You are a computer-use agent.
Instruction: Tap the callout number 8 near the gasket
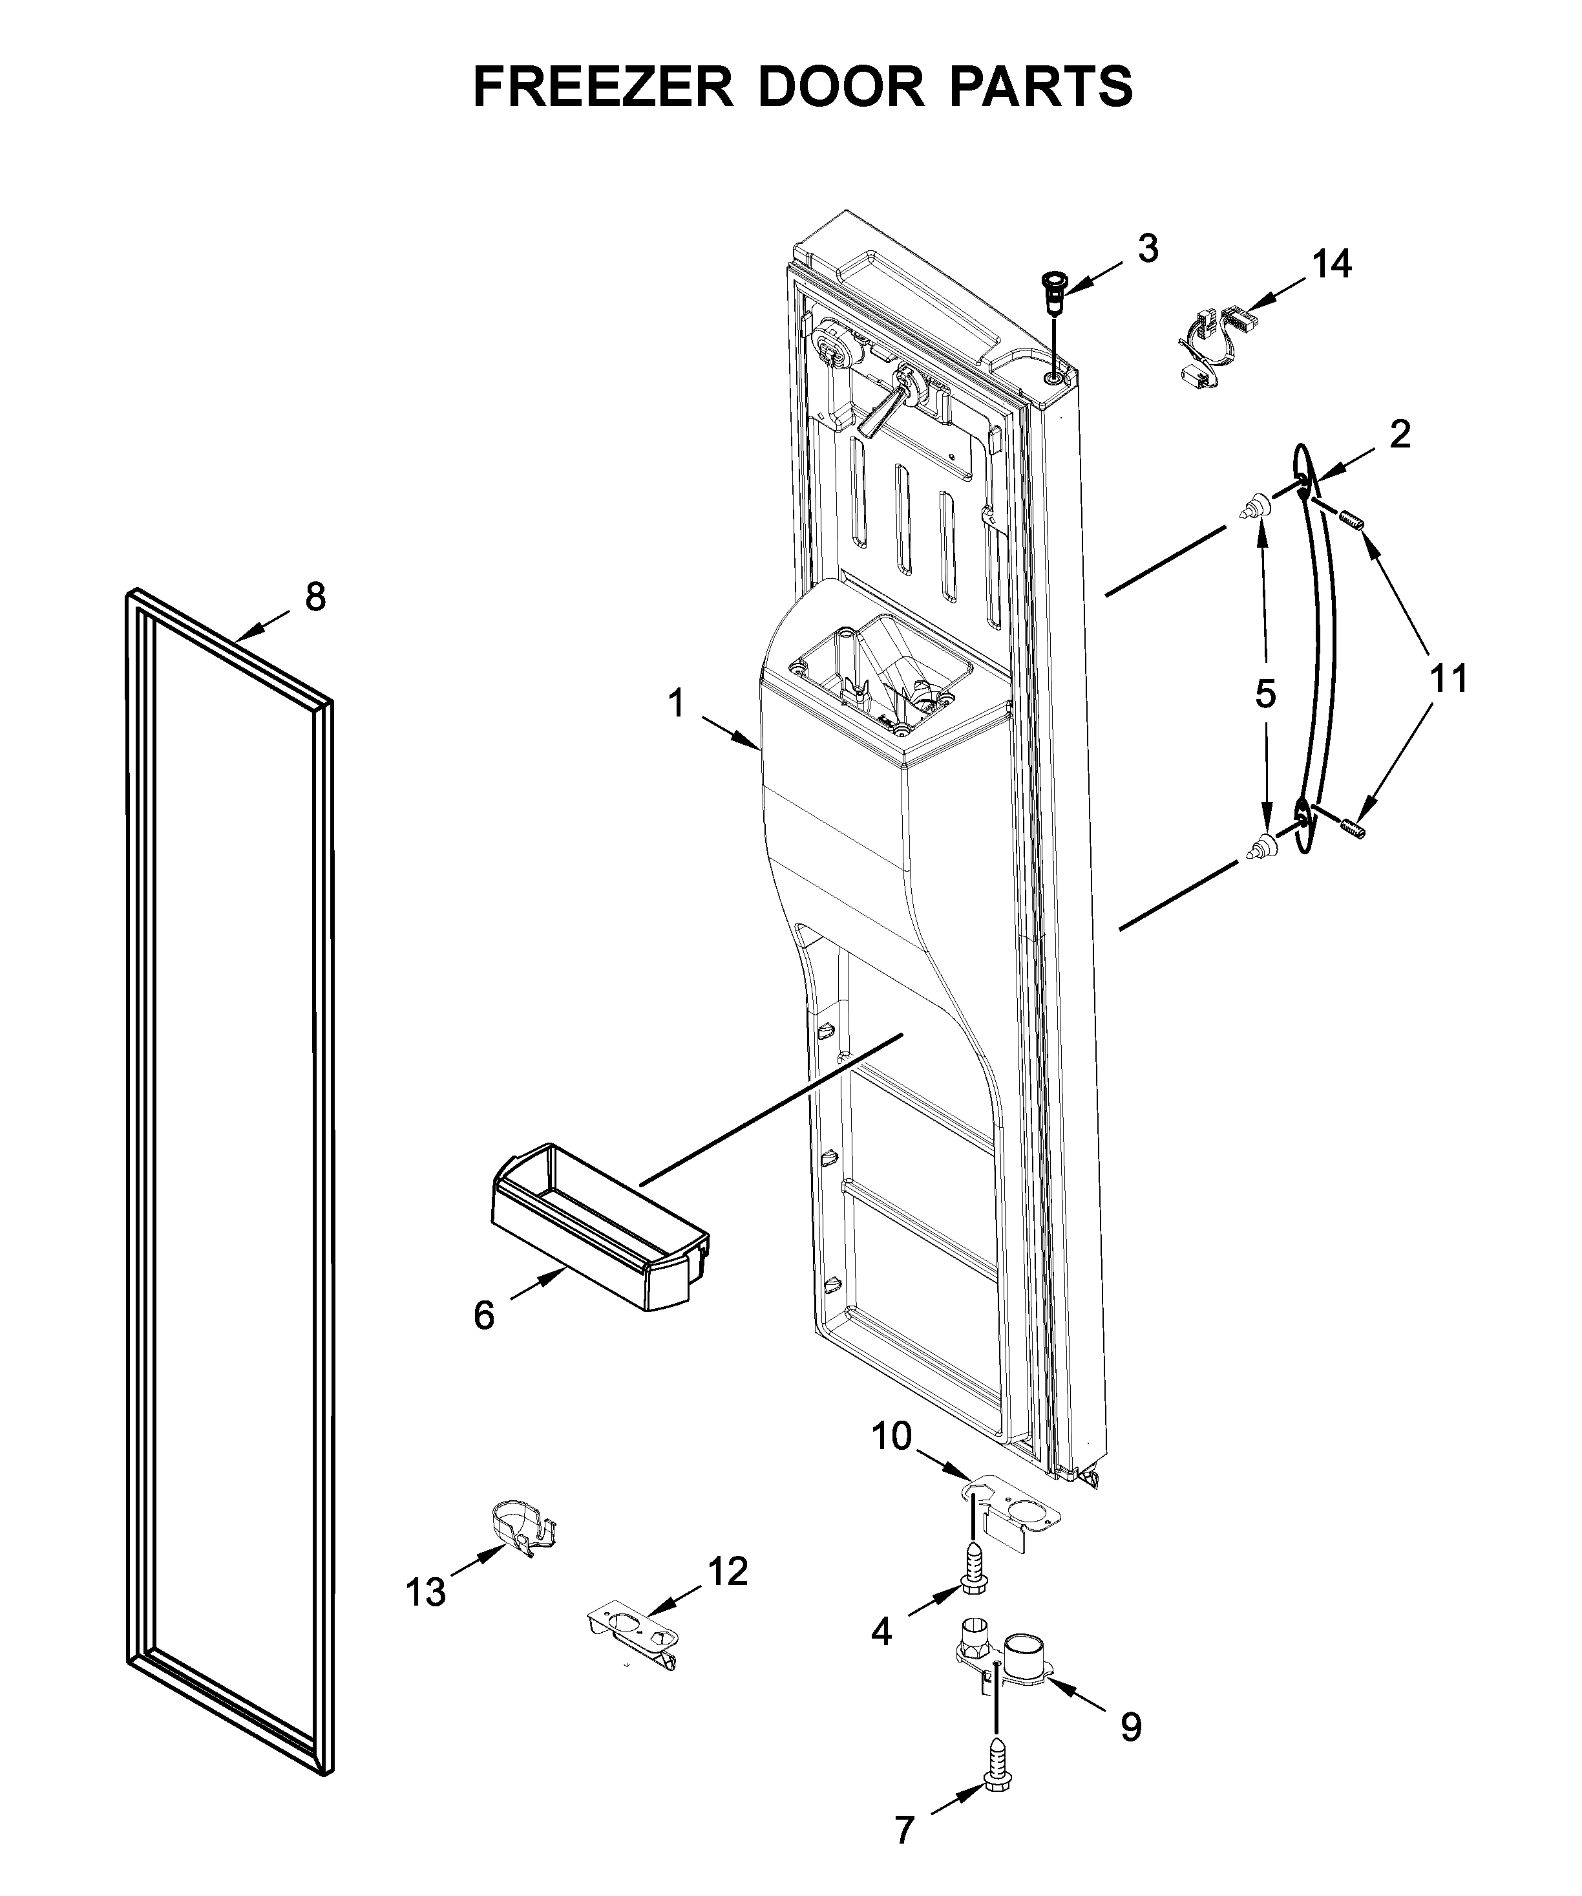[x=315, y=598]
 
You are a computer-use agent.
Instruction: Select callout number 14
[x=1332, y=264]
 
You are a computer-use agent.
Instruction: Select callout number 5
[x=1265, y=695]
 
